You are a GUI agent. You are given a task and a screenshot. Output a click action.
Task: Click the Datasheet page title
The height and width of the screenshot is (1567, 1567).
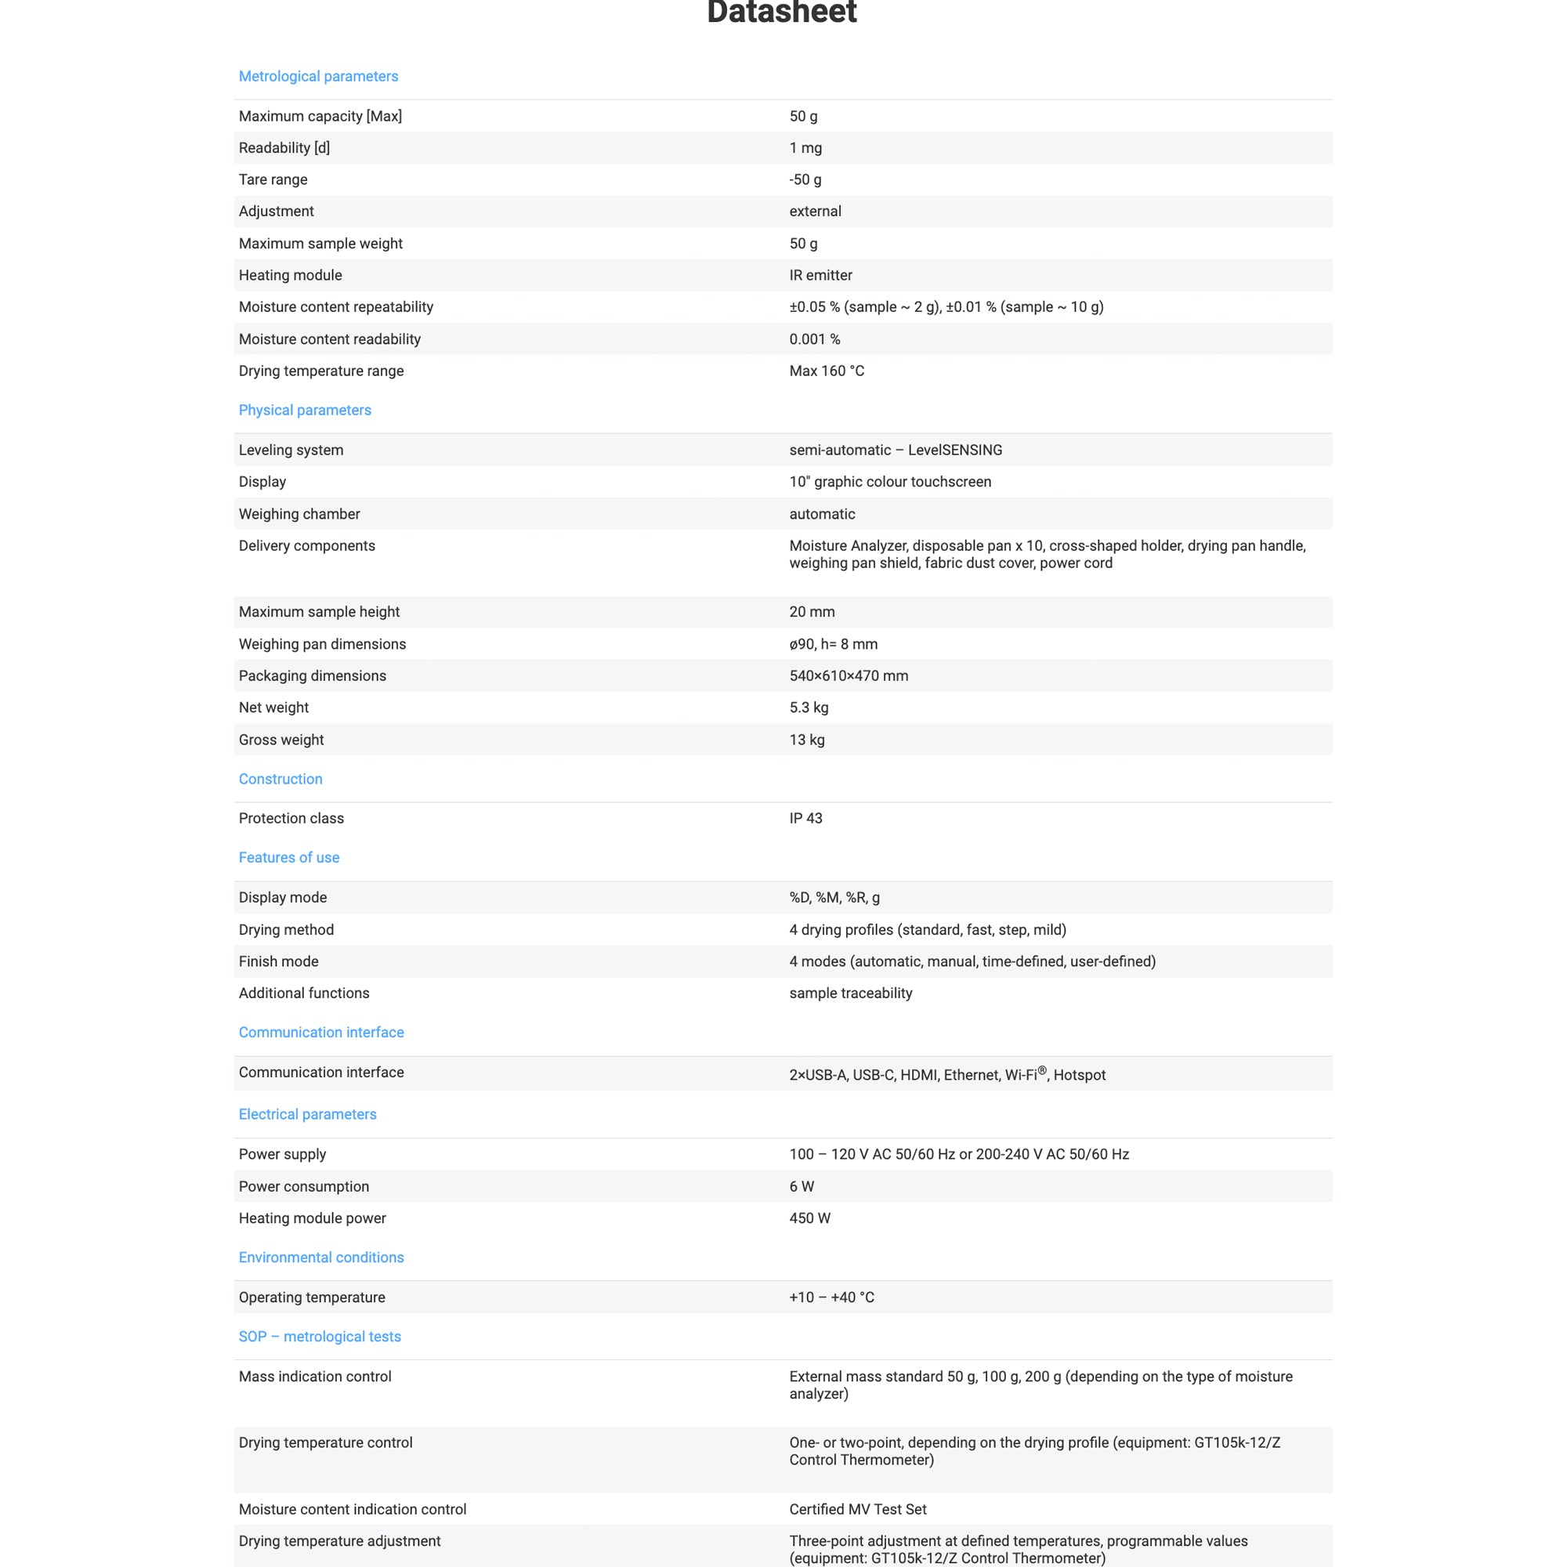pos(781,13)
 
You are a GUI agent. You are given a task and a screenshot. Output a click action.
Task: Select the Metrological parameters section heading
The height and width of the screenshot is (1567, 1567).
pos(318,76)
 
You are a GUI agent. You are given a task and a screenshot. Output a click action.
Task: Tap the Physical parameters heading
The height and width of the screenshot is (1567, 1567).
pos(304,410)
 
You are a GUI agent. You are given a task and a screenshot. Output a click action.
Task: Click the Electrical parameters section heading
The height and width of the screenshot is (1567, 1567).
pos(307,1113)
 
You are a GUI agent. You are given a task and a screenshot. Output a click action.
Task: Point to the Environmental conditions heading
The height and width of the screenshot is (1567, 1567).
pos(320,1258)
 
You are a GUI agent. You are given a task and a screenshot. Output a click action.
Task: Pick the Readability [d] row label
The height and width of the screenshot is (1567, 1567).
pos(284,147)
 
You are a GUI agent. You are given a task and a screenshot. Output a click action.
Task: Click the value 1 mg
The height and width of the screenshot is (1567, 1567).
pos(805,147)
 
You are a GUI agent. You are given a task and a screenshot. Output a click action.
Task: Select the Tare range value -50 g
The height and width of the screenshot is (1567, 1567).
pos(805,179)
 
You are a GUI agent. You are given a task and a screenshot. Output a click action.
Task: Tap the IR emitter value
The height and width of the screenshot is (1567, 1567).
pos(820,275)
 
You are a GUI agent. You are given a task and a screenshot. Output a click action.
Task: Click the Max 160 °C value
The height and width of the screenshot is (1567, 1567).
pos(826,371)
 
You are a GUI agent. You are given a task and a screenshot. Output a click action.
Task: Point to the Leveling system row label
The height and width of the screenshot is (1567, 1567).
pos(291,451)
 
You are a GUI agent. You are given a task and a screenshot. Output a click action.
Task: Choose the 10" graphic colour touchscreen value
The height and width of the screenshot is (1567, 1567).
pos(890,482)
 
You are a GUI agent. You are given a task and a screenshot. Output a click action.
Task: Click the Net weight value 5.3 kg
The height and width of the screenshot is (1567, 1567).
pos(809,708)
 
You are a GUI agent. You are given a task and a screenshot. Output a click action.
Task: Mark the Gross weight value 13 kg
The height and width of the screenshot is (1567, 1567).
pos(806,740)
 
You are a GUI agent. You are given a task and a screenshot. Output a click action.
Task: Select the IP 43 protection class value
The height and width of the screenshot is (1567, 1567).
pos(805,819)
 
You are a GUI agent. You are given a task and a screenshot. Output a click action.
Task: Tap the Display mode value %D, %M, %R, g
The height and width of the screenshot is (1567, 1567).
pos(834,897)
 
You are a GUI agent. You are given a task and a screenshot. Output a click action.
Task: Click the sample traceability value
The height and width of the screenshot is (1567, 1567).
pos(850,993)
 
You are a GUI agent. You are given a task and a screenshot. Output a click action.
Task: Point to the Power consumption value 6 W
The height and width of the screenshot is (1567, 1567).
pos(802,1185)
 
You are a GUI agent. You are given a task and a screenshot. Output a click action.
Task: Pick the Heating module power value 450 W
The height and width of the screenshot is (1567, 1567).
pos(809,1218)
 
